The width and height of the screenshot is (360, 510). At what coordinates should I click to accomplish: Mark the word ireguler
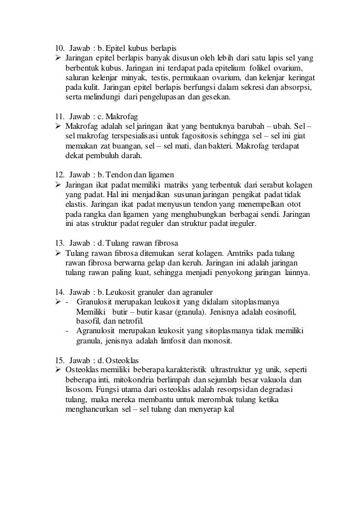pyautogui.click(x=238, y=223)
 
